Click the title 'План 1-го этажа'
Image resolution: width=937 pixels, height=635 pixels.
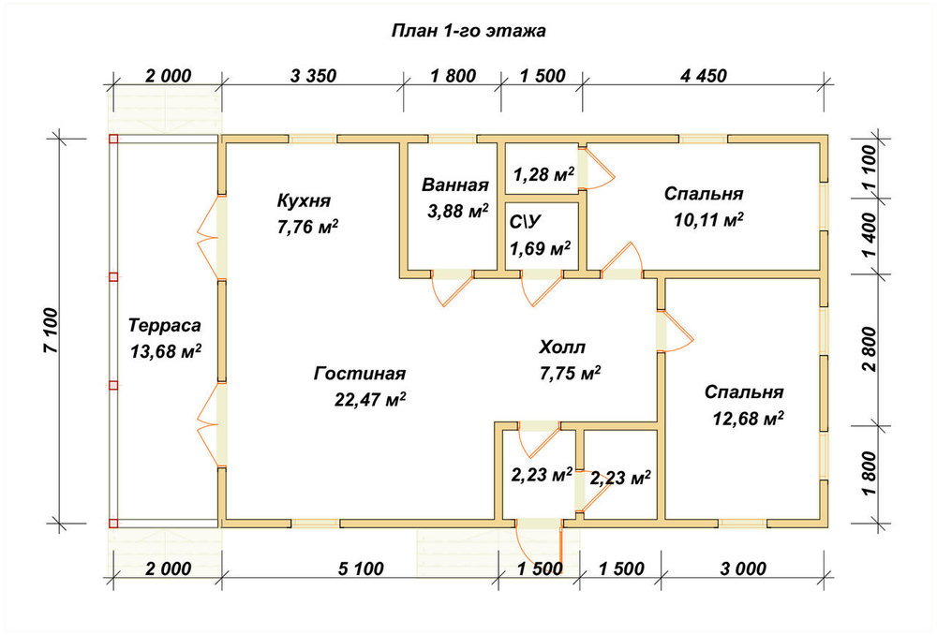coord(468,31)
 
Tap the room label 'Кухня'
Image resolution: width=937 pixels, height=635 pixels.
coord(304,200)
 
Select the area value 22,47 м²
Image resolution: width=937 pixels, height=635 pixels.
coord(370,399)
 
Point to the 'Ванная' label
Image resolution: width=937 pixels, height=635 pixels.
coord(455,185)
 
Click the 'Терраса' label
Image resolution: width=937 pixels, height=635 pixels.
coord(165,326)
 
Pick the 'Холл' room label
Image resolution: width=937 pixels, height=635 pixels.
coord(562,347)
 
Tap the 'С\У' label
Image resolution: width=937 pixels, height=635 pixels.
coord(526,222)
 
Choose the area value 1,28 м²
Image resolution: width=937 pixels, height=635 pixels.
coord(543,174)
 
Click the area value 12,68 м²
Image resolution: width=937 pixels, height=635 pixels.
coord(748,418)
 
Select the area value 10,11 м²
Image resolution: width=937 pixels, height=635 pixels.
coord(708,220)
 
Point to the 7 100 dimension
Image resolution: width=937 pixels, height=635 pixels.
coord(52,331)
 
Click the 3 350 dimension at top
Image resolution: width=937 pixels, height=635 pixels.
coord(313,76)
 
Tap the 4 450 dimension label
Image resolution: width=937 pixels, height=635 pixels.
coord(704,76)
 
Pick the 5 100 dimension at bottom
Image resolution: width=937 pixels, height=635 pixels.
coord(361,569)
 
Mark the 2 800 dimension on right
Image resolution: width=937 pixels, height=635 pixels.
coord(870,348)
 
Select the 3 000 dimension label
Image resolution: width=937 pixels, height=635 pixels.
coord(743,569)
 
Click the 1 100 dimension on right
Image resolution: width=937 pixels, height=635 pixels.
coord(870,168)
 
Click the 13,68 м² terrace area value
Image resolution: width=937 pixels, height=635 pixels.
coord(166,351)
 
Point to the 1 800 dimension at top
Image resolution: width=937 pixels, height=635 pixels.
coord(453,76)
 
